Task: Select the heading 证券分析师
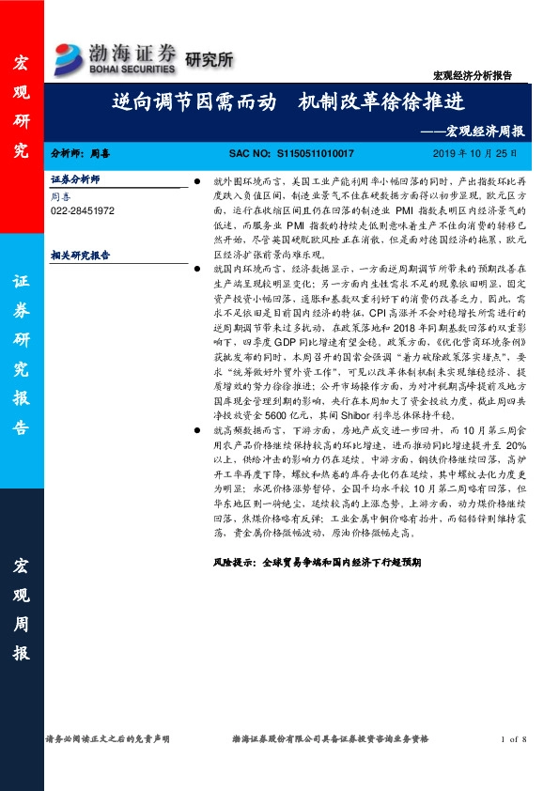pos(75,178)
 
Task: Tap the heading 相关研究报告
pos(80,255)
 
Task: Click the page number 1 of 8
pos(515,740)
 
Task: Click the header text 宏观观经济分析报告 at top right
pos(484,73)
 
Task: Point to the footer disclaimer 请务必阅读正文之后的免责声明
pos(108,740)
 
